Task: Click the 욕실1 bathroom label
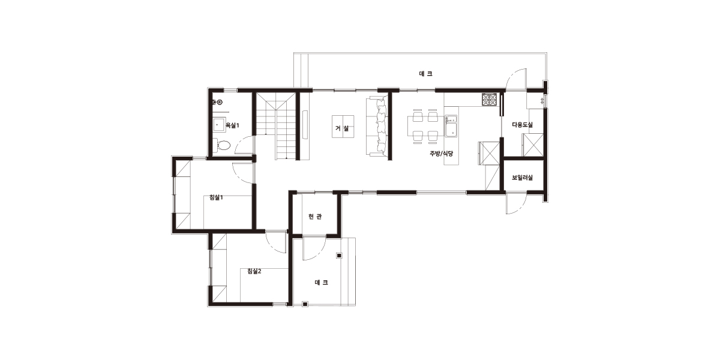click(232, 125)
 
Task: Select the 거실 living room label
click(342, 128)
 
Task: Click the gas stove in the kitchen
click(489, 100)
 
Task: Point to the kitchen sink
click(451, 126)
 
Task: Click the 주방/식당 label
click(442, 154)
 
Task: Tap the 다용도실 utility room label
click(523, 125)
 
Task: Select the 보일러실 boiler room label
click(523, 178)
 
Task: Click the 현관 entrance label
click(315, 217)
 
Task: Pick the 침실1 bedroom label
click(216, 197)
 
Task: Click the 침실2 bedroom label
click(254, 271)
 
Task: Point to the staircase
click(276, 126)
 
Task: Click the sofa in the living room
click(377, 126)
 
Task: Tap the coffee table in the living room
click(343, 127)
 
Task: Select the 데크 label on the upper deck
click(426, 74)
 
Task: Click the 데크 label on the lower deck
click(321, 283)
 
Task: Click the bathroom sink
click(219, 125)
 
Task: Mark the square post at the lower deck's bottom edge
click(305, 304)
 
